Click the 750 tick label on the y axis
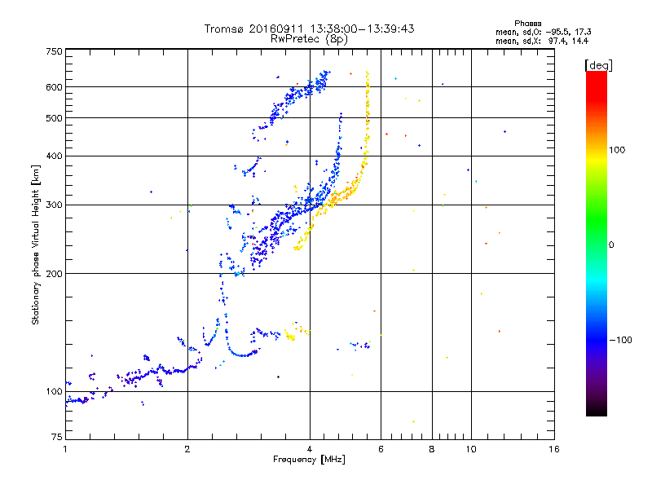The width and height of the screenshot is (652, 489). pyautogui.click(x=54, y=51)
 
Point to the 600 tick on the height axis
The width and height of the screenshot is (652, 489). pyautogui.click(x=54, y=87)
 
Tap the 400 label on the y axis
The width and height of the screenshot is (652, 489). pyautogui.click(x=54, y=156)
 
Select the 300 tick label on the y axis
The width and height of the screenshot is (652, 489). pyautogui.click(x=54, y=205)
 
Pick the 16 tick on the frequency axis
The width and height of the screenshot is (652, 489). pyautogui.click(x=554, y=449)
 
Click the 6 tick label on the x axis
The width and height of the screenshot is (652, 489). pyautogui.click(x=381, y=449)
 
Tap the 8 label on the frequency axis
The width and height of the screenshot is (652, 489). pyautogui.click(x=432, y=449)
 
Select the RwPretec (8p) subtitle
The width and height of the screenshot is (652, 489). pyautogui.click(x=309, y=38)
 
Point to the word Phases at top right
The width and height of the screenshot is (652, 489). pyautogui.click(x=528, y=23)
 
